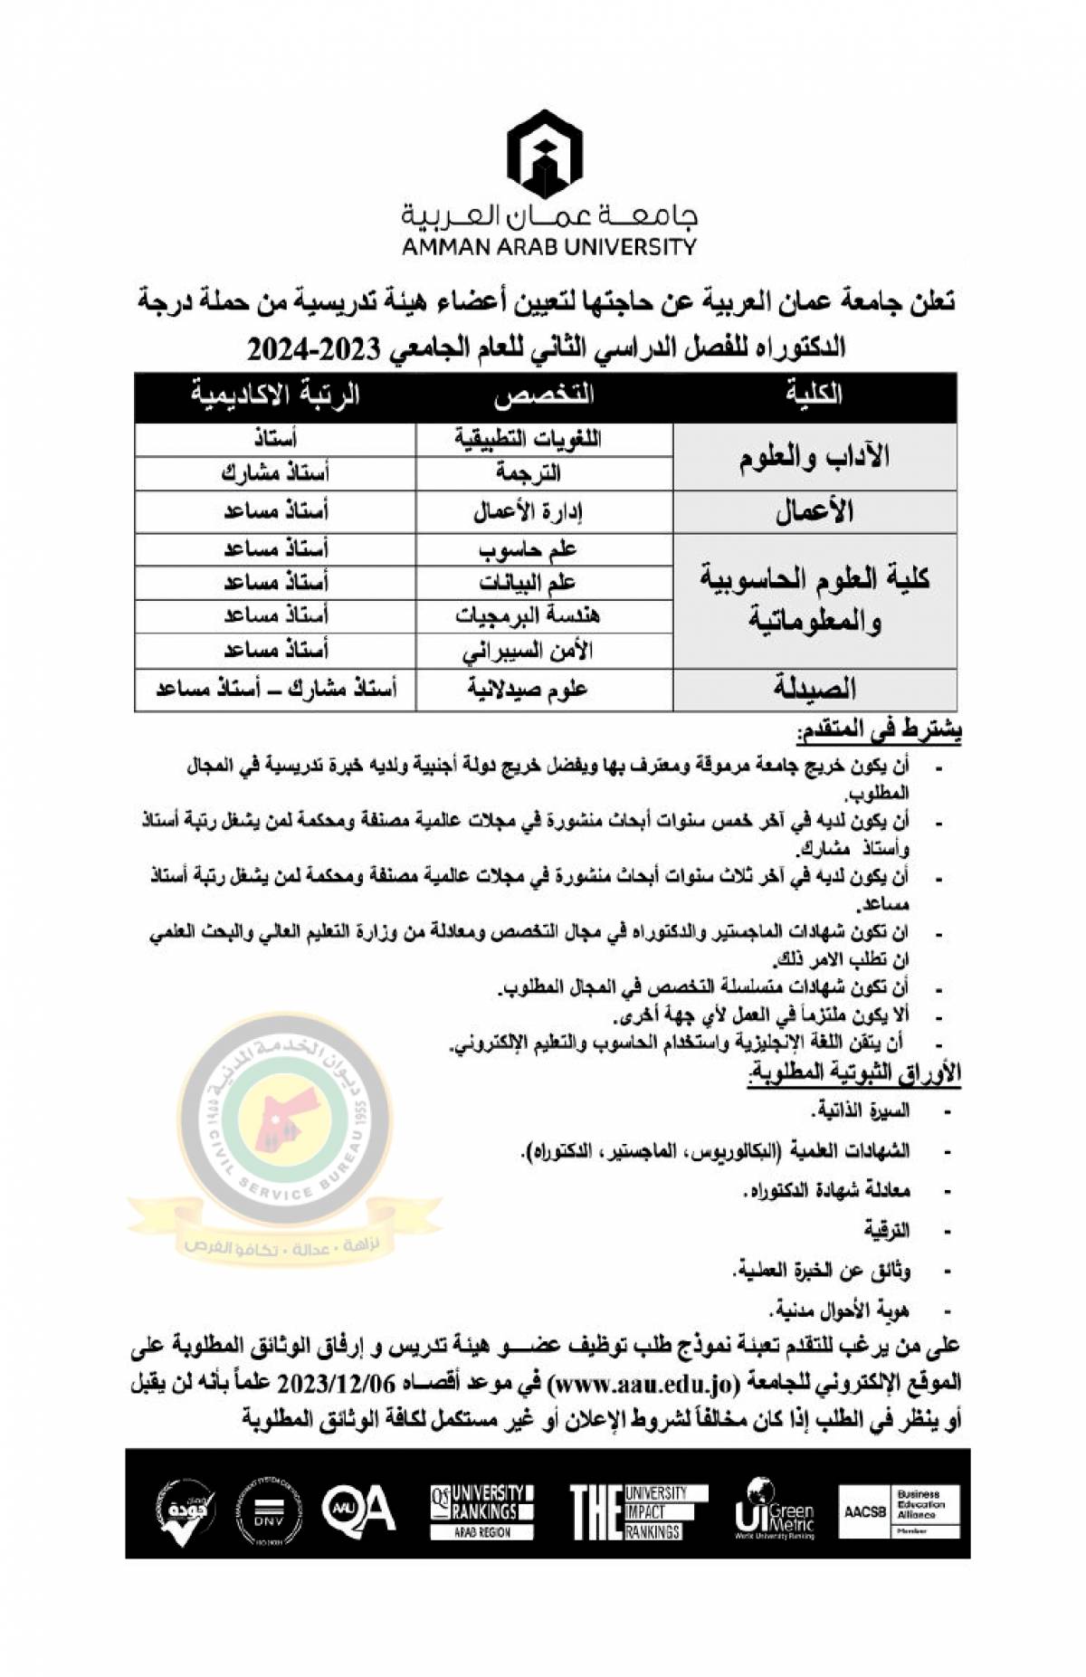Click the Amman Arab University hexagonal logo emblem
click(544, 155)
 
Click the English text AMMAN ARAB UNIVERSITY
click(548, 246)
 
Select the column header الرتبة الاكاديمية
click(274, 395)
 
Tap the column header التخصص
click(544, 395)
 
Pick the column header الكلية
click(814, 395)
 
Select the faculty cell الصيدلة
click(814, 690)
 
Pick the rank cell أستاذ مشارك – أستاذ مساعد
click(275, 691)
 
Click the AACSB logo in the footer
click(865, 1511)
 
